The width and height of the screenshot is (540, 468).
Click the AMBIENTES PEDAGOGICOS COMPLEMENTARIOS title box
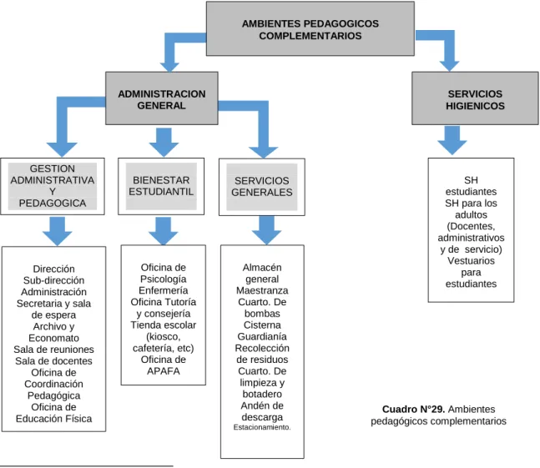tap(310, 28)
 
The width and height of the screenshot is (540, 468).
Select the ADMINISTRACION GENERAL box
tap(162, 98)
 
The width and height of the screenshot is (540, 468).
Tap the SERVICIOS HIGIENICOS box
tap(475, 98)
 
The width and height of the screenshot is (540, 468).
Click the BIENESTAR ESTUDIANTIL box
tap(161, 186)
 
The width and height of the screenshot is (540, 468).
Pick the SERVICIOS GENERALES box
tap(262, 187)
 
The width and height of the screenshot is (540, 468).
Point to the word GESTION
tap(53, 169)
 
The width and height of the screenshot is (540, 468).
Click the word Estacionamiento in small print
tap(262, 427)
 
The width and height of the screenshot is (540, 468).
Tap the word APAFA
tap(164, 371)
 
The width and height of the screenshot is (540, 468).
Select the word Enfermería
tap(164, 290)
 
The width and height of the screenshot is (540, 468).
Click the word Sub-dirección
tap(53, 280)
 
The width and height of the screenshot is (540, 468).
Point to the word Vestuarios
tap(471, 261)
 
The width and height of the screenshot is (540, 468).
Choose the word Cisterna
tap(262, 325)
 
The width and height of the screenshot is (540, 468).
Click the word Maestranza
tap(262, 290)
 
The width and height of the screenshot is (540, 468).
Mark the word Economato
tap(53, 338)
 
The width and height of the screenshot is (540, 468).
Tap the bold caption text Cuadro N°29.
tap(414, 409)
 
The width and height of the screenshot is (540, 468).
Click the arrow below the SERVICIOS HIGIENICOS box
tap(452, 140)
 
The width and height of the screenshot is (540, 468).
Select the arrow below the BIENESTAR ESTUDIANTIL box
tap(164, 231)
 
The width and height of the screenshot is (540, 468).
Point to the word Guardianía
tap(262, 336)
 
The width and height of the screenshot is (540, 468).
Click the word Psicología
tap(164, 279)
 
